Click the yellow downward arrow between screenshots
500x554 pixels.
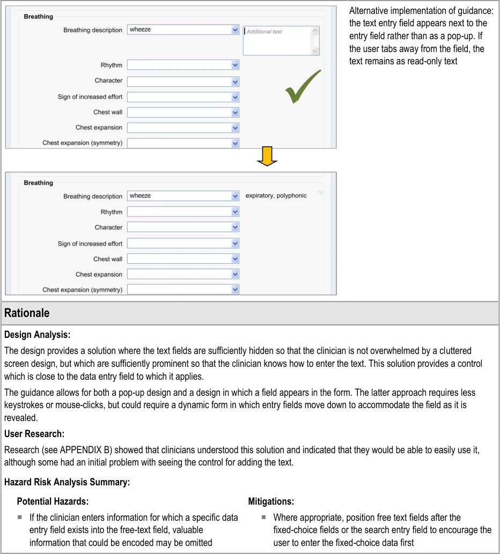[x=267, y=156]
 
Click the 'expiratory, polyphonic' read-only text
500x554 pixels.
[x=276, y=196]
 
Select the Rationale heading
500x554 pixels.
[x=27, y=313]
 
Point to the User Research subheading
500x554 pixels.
[x=34, y=433]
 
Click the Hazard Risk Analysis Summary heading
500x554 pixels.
[x=67, y=482]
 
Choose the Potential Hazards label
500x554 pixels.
[x=53, y=501]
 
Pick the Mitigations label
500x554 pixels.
[x=271, y=501]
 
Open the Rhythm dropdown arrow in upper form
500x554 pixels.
[x=235, y=65]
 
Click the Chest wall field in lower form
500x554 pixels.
[x=179, y=259]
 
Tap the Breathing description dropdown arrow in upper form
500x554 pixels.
[x=235, y=30]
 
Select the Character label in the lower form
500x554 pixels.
[x=108, y=227]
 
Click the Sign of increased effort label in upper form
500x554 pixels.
[x=90, y=97]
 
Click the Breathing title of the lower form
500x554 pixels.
[x=39, y=183]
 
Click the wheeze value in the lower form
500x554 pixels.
[x=141, y=196]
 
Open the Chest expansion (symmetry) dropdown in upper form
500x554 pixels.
[x=235, y=143]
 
